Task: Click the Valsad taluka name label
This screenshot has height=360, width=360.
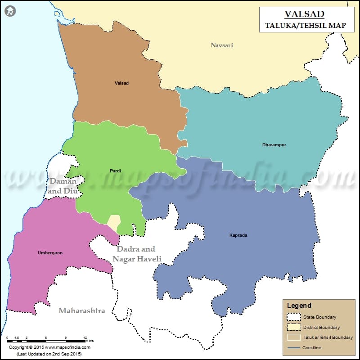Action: pyautogui.click(x=121, y=83)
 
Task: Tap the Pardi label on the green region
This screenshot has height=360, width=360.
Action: pyautogui.click(x=115, y=171)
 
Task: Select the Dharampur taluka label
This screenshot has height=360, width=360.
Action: pyautogui.click(x=274, y=145)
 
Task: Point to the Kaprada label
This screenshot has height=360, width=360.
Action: pyautogui.click(x=238, y=235)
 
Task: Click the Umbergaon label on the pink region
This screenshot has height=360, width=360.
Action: pyautogui.click(x=50, y=253)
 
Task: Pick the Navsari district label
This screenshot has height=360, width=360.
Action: pyautogui.click(x=222, y=45)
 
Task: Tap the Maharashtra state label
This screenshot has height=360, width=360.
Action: pyautogui.click(x=82, y=310)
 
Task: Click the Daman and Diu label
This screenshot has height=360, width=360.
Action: pyautogui.click(x=63, y=186)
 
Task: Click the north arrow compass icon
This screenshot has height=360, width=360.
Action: pyautogui.click(x=10, y=11)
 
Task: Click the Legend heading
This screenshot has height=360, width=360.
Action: pyautogui.click(x=299, y=306)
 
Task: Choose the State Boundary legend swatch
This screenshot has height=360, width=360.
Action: pyautogui.click(x=293, y=317)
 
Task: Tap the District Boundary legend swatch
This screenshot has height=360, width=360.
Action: pyautogui.click(x=293, y=327)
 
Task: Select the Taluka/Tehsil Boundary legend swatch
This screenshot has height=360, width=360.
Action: pyautogui.click(x=293, y=337)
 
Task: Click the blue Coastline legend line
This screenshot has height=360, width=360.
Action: pyautogui.click(x=293, y=347)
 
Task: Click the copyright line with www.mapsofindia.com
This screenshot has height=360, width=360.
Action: pyautogui.click(x=50, y=347)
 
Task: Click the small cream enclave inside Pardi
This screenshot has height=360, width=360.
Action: pyautogui.click(x=114, y=221)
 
